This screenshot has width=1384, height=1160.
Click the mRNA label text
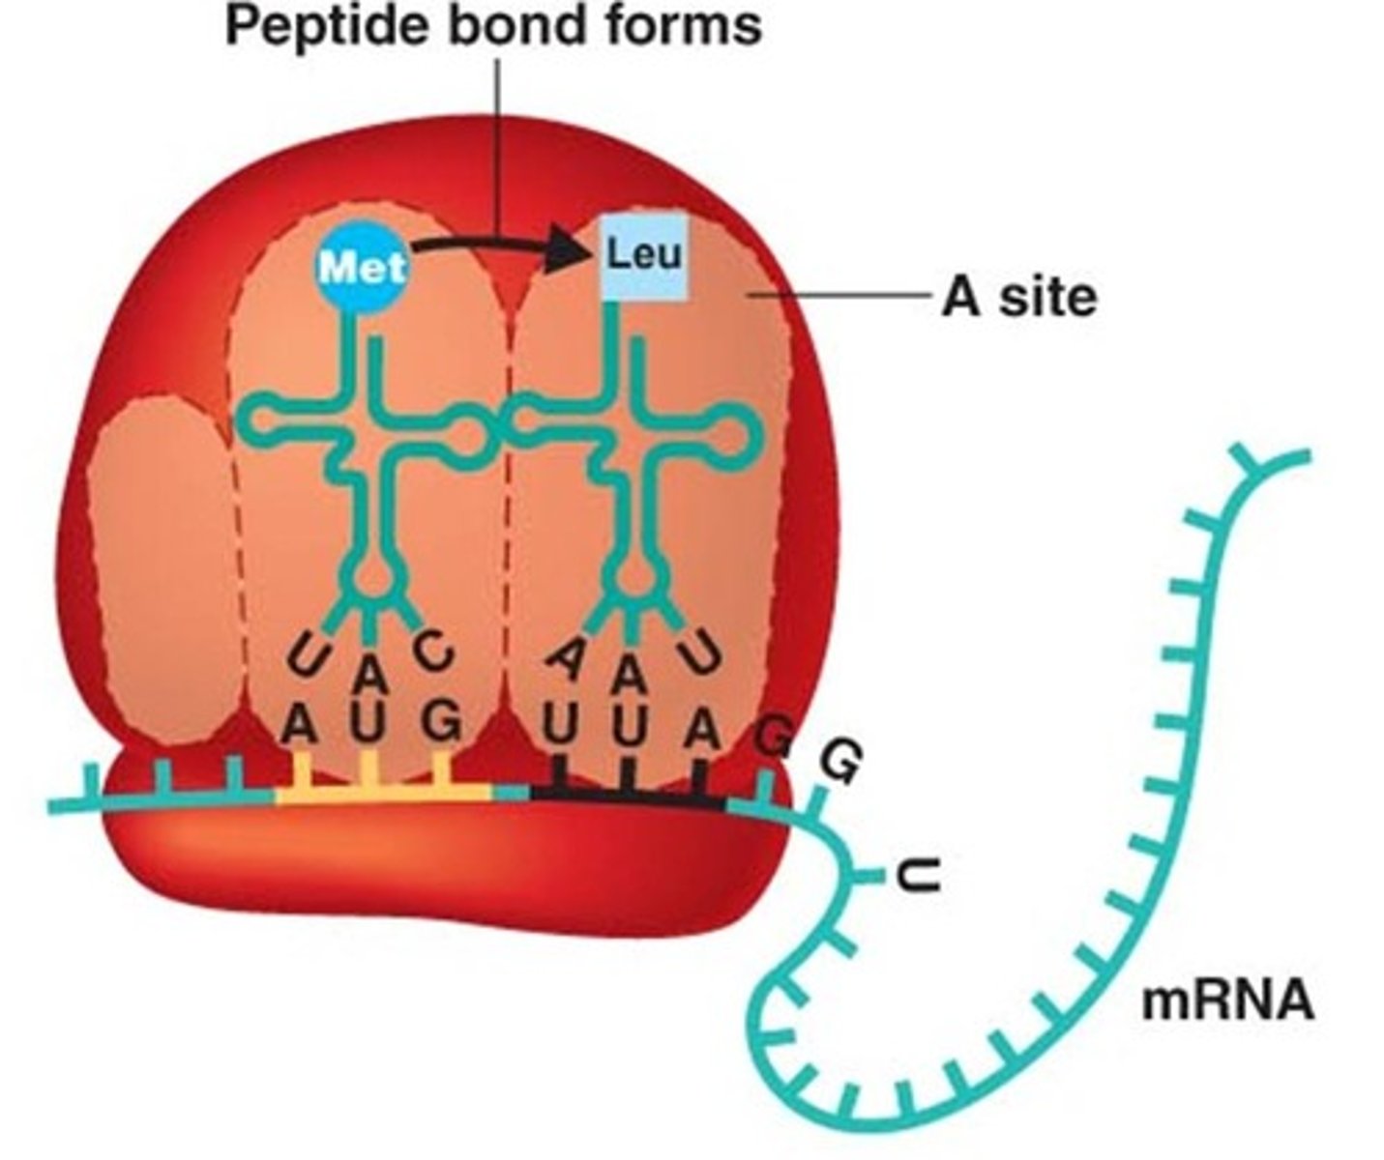[1227, 1000]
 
